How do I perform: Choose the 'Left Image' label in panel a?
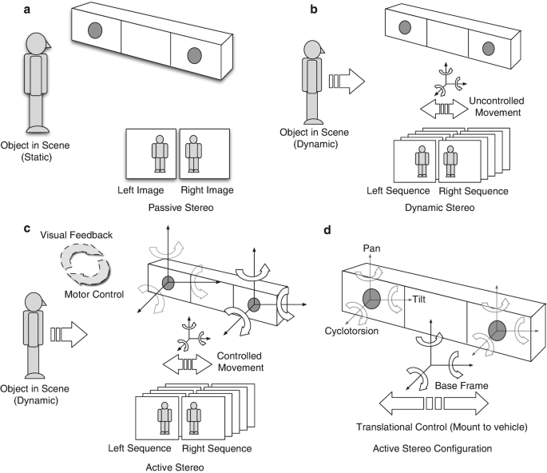click(x=150, y=189)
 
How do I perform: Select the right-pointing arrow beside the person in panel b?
click(x=345, y=81)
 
